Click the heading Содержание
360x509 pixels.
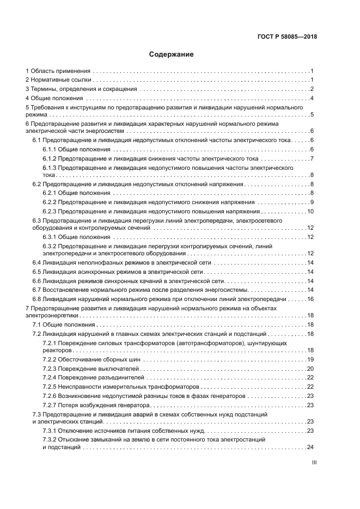pyautogui.click(x=172, y=54)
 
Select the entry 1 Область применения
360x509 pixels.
pyautogui.click(x=58, y=71)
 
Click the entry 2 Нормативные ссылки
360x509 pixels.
pyautogui.click(x=58, y=81)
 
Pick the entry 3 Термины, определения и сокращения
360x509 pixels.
pyautogui.click(x=81, y=89)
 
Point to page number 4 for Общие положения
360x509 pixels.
pyautogui.click(x=312, y=99)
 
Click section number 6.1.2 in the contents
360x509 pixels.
pyautogui.click(x=50, y=158)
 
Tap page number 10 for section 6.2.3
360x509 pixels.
pyautogui.click(x=310, y=211)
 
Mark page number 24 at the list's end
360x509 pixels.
pyautogui.click(x=310, y=447)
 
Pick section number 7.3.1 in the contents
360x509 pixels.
pyautogui.click(x=50, y=431)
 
